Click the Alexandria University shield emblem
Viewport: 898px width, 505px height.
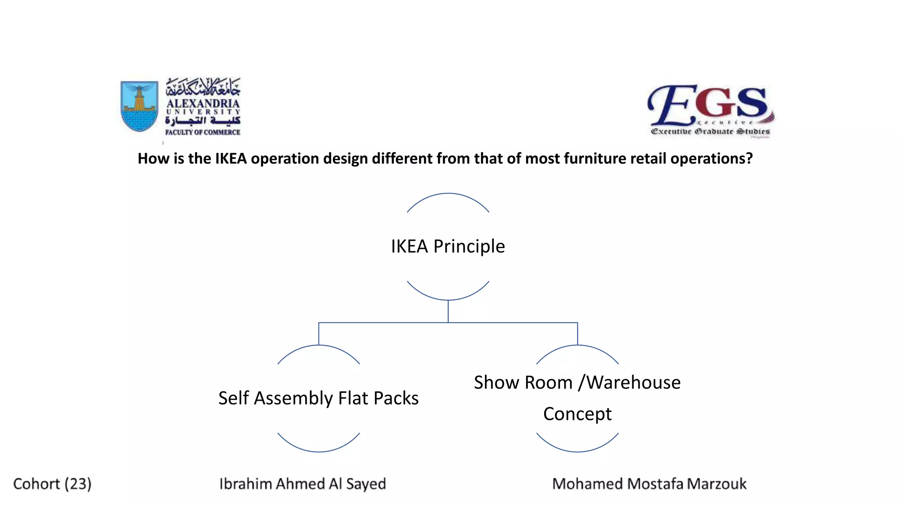point(139,106)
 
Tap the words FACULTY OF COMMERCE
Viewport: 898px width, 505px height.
point(203,132)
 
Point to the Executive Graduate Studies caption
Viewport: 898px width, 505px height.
point(710,131)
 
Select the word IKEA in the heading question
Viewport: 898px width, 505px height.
point(231,158)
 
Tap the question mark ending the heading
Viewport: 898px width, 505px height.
point(749,158)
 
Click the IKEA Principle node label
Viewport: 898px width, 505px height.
point(448,246)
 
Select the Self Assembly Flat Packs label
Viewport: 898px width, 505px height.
point(318,398)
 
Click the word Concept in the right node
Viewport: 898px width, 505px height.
point(577,414)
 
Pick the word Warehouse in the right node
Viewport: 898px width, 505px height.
point(634,382)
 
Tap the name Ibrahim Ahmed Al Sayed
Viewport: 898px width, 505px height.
point(303,484)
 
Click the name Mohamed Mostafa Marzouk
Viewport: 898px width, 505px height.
point(649,484)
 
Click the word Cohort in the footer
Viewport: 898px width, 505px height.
point(36,484)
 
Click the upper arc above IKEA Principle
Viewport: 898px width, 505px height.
point(448,194)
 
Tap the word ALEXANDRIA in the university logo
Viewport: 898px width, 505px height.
point(203,103)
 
